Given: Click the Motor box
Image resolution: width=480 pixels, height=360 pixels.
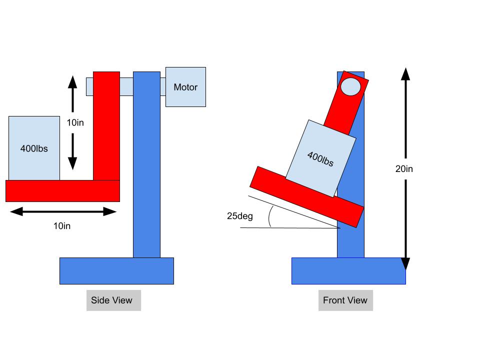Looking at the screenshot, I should click(x=185, y=87).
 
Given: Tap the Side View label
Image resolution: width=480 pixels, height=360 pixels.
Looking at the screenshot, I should click(x=112, y=300).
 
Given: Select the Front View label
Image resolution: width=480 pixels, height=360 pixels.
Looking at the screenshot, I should click(x=345, y=300).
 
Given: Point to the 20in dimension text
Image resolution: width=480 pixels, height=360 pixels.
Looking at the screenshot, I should click(x=404, y=169).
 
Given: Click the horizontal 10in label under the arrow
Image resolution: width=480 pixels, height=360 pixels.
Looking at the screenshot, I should click(x=62, y=226).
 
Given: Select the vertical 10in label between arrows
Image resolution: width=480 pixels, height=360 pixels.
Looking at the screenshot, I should click(x=74, y=122).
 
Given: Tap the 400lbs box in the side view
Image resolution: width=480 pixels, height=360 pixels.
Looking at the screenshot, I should click(x=34, y=148).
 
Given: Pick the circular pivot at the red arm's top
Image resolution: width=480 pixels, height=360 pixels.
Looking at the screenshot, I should click(x=350, y=86).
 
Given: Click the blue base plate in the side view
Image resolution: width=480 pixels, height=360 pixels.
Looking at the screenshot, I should click(x=116, y=271).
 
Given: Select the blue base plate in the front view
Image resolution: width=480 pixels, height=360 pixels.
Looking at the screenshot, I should click(x=348, y=271).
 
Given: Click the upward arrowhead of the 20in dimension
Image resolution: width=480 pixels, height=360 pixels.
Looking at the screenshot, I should click(x=405, y=73).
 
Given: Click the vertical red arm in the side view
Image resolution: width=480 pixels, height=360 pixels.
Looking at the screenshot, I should click(x=106, y=125).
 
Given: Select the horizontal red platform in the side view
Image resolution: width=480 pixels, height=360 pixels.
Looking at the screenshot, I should click(x=62, y=191).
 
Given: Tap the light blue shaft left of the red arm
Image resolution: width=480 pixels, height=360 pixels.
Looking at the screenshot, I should click(x=89, y=86).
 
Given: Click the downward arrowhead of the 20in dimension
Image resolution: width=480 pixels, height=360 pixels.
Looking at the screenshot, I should click(x=405, y=263).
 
